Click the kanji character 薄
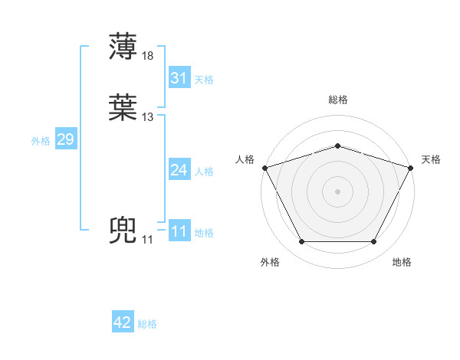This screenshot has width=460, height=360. pyautogui.click(x=123, y=46)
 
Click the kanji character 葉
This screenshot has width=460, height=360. pyautogui.click(x=123, y=108)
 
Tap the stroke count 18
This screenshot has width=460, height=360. pyautogui.click(x=148, y=56)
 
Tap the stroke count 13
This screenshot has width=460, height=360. pyautogui.click(x=148, y=117)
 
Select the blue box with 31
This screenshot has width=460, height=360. pyautogui.click(x=179, y=78)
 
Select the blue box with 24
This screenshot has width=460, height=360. pyautogui.click(x=179, y=170)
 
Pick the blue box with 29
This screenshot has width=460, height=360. pyautogui.click(x=65, y=139)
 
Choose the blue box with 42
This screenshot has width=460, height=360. pyautogui.click(x=123, y=322)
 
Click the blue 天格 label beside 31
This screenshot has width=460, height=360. pyautogui.click(x=204, y=80)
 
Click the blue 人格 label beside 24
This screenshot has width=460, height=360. pyautogui.click(x=204, y=172)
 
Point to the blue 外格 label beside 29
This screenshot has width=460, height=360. pyautogui.click(x=41, y=141)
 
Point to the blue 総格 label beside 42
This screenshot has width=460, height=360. pyautogui.click(x=147, y=324)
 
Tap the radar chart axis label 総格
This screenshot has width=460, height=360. pyautogui.click(x=337, y=100)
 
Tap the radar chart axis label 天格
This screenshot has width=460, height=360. pyautogui.click(x=431, y=159)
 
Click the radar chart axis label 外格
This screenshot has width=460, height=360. pyautogui.click(x=270, y=262)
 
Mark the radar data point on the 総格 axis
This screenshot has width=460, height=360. pyautogui.click(x=337, y=146)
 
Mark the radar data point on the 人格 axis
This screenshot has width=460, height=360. pyautogui.click(x=264, y=167)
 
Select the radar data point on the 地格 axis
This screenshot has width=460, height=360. pyautogui.click(x=374, y=241)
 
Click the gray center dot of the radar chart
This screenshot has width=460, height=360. pyautogui.click(x=337, y=191)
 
